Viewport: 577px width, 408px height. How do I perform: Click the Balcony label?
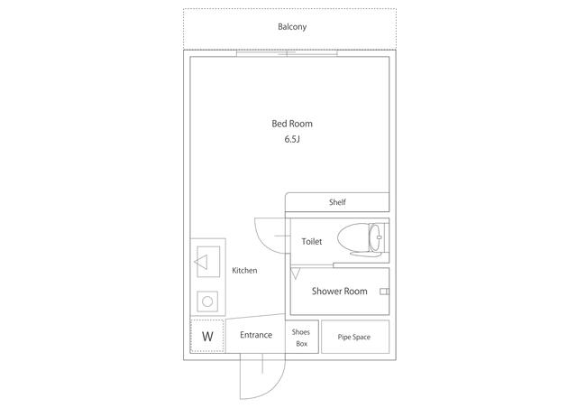[x=292, y=27]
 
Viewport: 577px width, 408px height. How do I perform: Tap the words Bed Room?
[x=292, y=124]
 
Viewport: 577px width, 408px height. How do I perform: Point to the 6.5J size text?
[x=292, y=139]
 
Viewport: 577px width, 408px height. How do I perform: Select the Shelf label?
[x=337, y=202]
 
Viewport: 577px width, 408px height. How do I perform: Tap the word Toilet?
[x=312, y=241]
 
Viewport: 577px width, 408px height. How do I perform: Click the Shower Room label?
[x=339, y=292]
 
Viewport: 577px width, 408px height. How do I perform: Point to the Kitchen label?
[x=244, y=270]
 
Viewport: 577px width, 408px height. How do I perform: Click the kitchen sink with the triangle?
[x=208, y=262]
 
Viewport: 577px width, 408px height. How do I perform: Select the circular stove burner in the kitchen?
[x=207, y=301]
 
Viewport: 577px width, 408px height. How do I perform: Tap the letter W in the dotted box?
[x=207, y=336]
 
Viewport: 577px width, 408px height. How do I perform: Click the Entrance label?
[x=256, y=335]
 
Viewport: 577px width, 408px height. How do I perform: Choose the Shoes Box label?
[x=301, y=338]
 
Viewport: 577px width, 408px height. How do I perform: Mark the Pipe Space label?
[x=354, y=337]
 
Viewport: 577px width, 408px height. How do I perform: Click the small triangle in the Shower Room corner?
[x=296, y=274]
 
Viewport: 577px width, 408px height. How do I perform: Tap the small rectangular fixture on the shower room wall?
[x=384, y=292]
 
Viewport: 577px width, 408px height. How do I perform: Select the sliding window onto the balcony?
[x=287, y=53]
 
